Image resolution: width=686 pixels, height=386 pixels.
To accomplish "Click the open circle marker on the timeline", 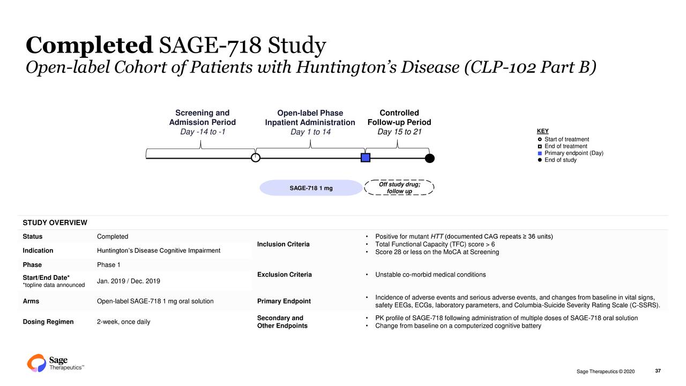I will tap(256, 158).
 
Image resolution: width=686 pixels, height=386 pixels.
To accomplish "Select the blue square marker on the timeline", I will tap(366, 158).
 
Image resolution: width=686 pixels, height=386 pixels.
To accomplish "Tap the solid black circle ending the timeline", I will tap(429, 158).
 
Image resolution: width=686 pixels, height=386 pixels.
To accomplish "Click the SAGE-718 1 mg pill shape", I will tap(311, 188).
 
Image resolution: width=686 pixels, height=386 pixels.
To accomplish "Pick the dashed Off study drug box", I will tap(399, 188).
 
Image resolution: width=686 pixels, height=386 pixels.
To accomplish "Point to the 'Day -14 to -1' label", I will tap(202, 132).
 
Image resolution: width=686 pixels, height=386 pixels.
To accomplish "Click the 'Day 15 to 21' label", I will tap(399, 132).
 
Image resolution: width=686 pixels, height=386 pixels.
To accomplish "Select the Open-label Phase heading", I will tap(310, 113).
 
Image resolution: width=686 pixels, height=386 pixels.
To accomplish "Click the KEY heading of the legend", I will tap(542, 131).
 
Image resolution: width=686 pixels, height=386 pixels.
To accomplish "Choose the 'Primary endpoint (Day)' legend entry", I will tap(573, 153).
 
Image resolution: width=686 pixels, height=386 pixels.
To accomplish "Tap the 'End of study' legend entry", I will tap(560, 160).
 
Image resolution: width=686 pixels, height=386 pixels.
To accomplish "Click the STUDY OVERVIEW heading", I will tap(55, 222).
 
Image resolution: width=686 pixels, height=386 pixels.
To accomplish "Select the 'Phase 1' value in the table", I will tap(109, 265).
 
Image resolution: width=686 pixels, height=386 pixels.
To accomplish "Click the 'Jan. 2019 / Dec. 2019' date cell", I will tap(129, 281).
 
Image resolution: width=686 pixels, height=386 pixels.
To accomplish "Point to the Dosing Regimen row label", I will tap(48, 322).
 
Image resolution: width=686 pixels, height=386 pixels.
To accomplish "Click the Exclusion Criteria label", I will tap(284, 275).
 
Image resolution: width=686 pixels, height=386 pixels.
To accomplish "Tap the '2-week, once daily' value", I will tap(124, 322).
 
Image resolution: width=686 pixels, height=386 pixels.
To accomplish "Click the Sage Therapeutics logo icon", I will tap(36, 363).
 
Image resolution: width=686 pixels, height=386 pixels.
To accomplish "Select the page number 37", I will tap(658, 372).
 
